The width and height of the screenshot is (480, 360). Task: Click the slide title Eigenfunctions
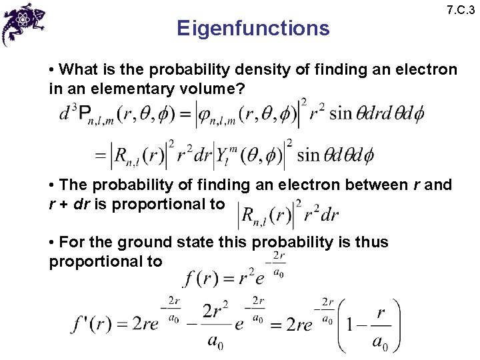click(253, 28)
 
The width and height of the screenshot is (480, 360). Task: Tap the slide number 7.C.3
click(461, 11)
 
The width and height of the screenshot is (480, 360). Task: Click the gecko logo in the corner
click(26, 23)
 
